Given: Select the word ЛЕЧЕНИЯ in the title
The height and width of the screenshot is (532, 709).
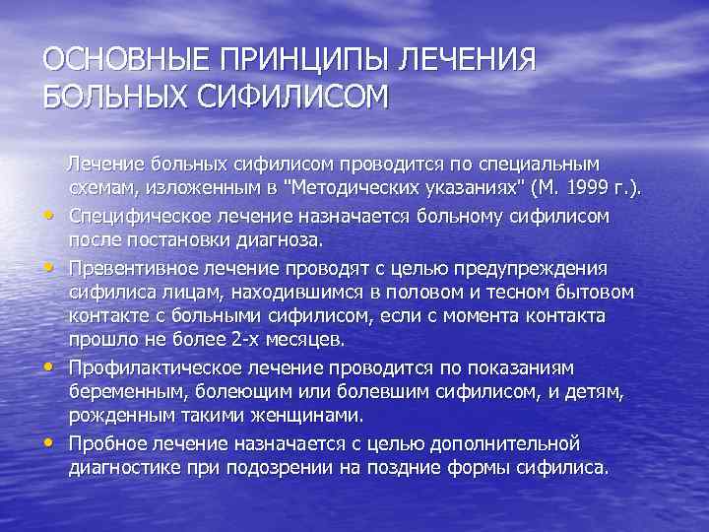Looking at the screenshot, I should [467, 61].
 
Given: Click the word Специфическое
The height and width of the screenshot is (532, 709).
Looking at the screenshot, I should [141, 215].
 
